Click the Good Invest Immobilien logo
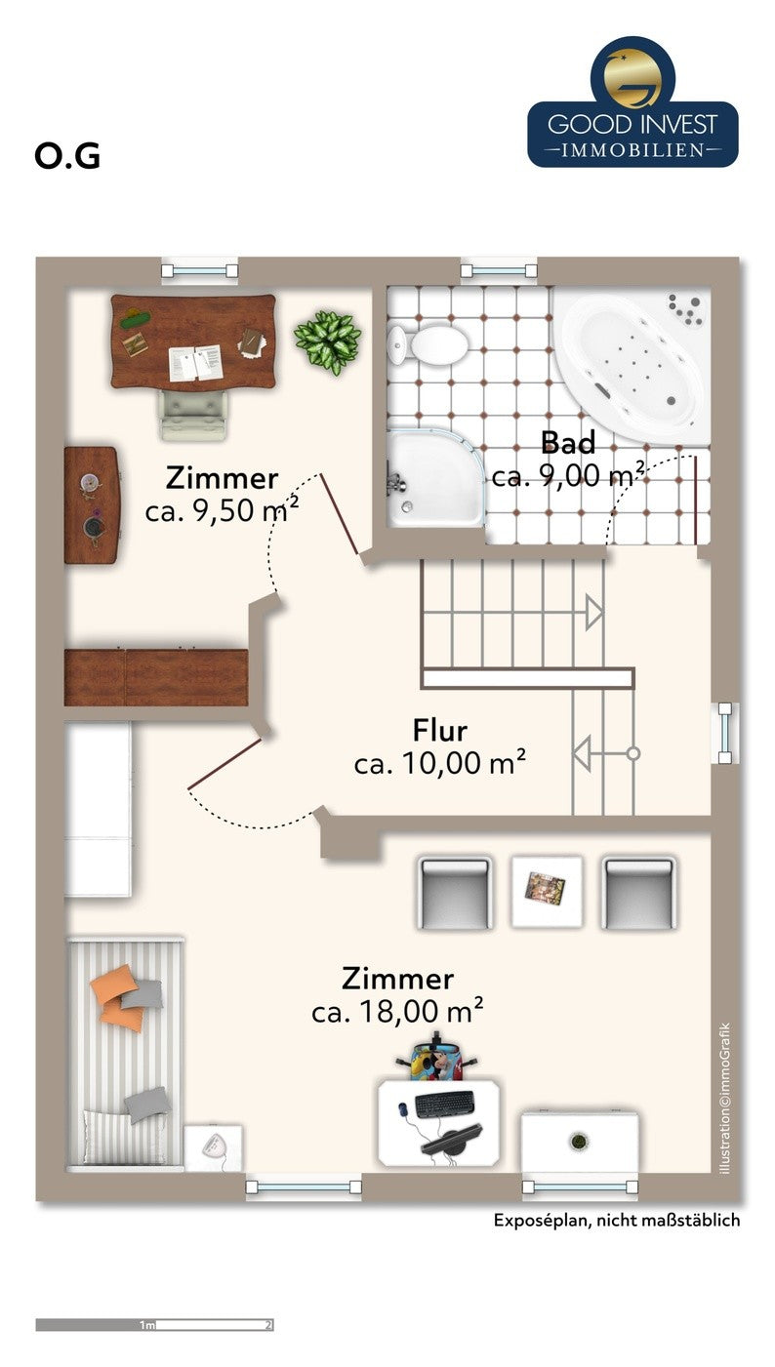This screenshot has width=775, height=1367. point(632,102)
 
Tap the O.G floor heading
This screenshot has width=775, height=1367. point(67,156)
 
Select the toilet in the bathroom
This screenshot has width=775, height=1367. point(430,343)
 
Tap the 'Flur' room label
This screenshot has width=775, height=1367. point(439,730)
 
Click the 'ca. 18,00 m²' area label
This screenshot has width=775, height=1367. point(397,1012)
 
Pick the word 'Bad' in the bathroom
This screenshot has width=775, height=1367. point(568,444)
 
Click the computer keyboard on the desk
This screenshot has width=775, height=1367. point(445,1105)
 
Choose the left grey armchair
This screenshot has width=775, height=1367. point(454,893)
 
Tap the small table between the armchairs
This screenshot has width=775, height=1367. point(547,889)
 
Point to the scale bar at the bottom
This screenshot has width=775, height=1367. point(154,1324)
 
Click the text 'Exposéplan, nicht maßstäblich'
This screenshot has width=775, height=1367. point(616,1221)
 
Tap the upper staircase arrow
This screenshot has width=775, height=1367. point(592,612)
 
